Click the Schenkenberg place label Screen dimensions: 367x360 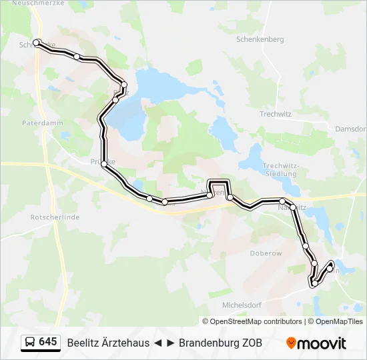coord(260,39)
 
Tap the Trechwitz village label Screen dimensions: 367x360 coord(276,114)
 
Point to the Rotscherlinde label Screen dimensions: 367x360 coord(55,217)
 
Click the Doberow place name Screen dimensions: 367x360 coord(266,253)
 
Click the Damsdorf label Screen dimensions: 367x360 coord(351,129)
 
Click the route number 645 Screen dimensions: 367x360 coord(48,342)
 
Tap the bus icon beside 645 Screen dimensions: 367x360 coord(30,343)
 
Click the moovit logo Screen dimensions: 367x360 coord(316,343)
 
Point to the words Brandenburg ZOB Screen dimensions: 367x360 coord(220,343)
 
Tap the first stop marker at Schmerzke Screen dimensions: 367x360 coord(37,43)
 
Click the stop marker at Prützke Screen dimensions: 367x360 coord(104,164)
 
